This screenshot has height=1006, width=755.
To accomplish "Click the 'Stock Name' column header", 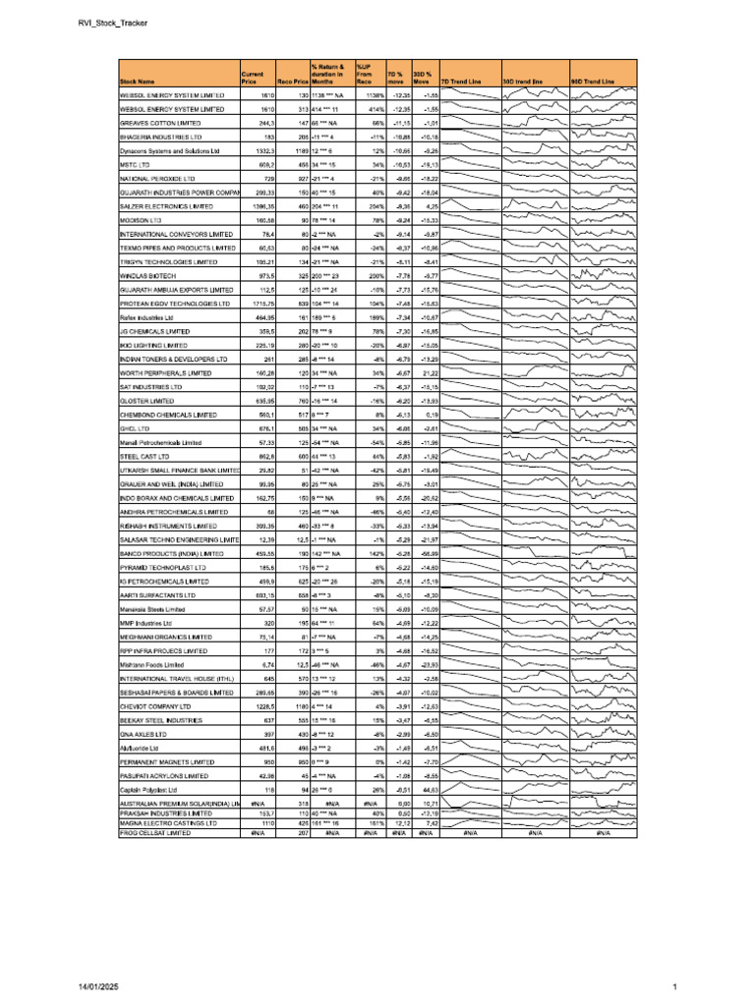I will coord(138,82).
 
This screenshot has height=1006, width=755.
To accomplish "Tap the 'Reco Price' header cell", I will coord(295,82).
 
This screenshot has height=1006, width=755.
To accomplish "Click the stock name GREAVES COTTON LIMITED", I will coord(160,124).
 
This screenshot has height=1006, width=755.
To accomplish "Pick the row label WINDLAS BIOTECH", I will coord(146,277).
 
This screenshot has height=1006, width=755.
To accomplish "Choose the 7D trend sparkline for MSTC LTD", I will coord(470,166).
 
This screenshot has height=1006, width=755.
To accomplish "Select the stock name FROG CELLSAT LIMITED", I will coord(154,832).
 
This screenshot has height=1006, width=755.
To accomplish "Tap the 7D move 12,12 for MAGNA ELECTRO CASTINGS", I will coord(399,823).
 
